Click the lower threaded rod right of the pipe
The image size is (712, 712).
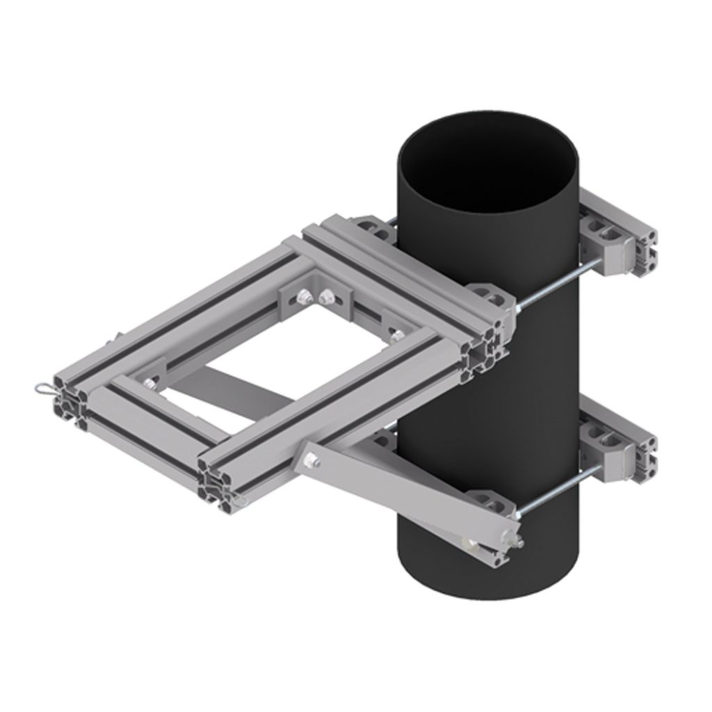coord(556,491)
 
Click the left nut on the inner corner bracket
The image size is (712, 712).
coord(304,297)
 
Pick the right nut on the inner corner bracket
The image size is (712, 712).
coord(325,299)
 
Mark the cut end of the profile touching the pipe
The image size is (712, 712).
coord(487,348)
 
